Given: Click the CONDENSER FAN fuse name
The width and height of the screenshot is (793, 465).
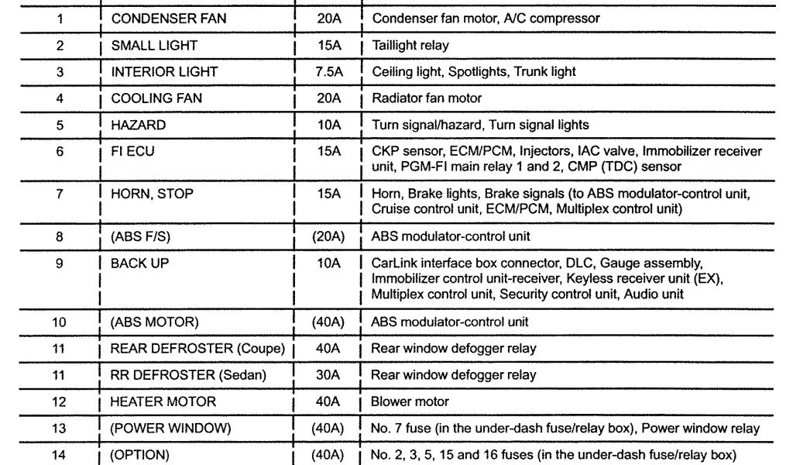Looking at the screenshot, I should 168,18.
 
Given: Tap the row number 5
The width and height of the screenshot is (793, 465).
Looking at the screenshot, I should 60,124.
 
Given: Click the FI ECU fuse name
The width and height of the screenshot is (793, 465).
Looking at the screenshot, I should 132,151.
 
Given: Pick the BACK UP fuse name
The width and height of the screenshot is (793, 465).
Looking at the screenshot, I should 139,263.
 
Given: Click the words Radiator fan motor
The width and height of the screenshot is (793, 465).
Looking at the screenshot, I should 427,98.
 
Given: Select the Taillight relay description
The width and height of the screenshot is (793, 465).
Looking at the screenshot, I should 410,45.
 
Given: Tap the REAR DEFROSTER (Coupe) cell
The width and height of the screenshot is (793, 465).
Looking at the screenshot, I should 197,349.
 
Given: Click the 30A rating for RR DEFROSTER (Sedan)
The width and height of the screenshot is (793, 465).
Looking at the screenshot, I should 328,375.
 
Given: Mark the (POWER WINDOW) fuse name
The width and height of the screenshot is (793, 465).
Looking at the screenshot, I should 170,429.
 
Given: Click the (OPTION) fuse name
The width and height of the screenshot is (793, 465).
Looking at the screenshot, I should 140,455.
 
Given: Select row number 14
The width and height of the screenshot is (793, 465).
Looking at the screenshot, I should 60,455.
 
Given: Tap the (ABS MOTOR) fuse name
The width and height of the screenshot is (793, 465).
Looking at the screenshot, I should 155,322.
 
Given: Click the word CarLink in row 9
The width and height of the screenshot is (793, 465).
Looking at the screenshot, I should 392,263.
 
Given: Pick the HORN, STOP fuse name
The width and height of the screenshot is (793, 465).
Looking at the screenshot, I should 152,194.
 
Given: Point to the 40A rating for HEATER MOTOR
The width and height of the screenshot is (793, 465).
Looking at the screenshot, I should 328,401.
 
